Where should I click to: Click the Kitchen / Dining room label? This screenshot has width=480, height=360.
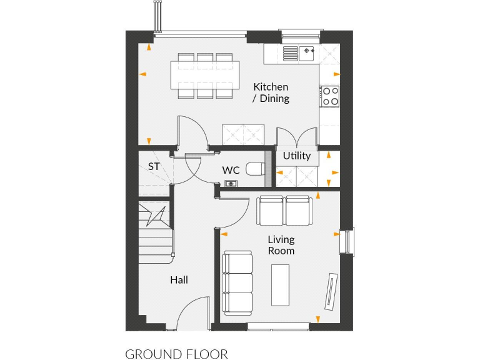click(271, 92)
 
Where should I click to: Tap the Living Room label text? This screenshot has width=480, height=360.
click(281, 245)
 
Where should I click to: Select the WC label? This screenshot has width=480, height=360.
click(231, 170)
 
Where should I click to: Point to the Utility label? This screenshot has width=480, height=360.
click(296, 156)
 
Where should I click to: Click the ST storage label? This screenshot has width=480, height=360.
click(154, 167)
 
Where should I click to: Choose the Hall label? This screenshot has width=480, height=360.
click(179, 280)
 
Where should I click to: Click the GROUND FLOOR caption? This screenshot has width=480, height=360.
click(177, 354)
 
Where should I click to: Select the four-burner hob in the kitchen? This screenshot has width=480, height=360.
click(330, 96)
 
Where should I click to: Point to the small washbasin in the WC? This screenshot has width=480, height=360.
click(230, 183)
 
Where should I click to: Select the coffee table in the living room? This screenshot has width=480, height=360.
click(280, 284)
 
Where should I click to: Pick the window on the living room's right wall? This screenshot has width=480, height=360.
click(346, 241)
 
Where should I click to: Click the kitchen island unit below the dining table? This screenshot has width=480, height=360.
click(243, 134)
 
